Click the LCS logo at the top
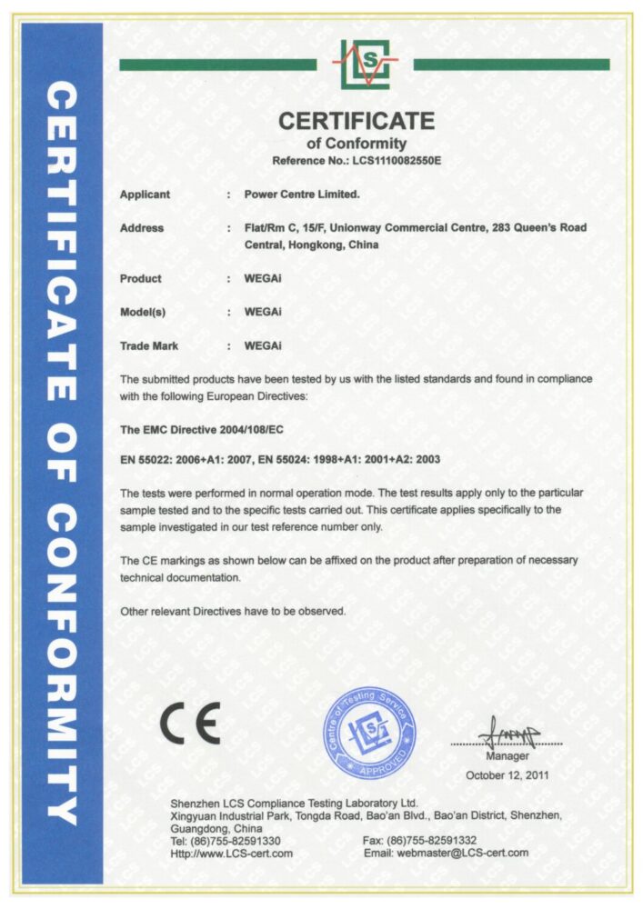(365, 64)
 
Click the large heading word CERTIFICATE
(357, 120)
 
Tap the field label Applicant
(145, 195)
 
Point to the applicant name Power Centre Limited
(303, 195)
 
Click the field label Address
(142, 228)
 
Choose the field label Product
(141, 278)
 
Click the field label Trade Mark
(149, 345)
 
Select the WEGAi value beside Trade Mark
(263, 345)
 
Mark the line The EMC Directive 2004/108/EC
(200, 427)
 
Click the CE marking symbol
(189, 724)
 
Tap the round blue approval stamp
(369, 733)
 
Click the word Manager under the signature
(507, 756)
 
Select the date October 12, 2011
(507, 775)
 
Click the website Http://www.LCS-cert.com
(232, 854)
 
